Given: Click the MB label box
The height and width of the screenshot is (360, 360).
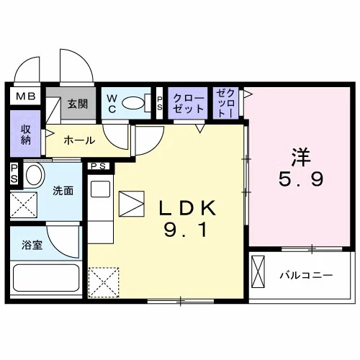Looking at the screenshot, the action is tap(25, 96).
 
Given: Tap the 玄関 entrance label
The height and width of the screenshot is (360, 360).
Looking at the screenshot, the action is tap(77, 104).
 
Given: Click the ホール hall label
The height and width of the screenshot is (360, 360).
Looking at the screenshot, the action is tap(79, 140).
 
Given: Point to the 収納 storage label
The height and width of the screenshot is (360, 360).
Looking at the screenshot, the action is tap(25, 135).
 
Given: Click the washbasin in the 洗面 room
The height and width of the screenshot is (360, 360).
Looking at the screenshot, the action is tap(35, 175).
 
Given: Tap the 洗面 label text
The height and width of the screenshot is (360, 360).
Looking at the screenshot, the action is tap(63, 191).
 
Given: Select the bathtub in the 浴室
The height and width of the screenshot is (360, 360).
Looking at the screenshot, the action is tap(46, 278).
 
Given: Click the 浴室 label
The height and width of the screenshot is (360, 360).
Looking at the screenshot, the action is tap(32, 245).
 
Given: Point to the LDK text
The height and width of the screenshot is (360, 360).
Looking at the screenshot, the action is tap(187, 208).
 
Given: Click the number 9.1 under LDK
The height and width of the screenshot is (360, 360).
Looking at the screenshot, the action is tap(186, 230).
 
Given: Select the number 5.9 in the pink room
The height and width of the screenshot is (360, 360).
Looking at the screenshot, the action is tap(301, 179).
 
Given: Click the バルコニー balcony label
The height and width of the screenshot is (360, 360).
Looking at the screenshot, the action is tap(306, 275).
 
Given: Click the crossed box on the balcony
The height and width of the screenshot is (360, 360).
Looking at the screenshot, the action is tap(258, 271).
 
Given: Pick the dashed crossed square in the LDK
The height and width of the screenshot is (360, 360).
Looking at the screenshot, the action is tap(104, 282).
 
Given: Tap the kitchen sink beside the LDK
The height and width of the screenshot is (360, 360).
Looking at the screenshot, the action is tap(100, 189).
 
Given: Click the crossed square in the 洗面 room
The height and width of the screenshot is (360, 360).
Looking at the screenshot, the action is tap(24, 204).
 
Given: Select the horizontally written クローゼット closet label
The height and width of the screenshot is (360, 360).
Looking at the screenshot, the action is tap(188, 104).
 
